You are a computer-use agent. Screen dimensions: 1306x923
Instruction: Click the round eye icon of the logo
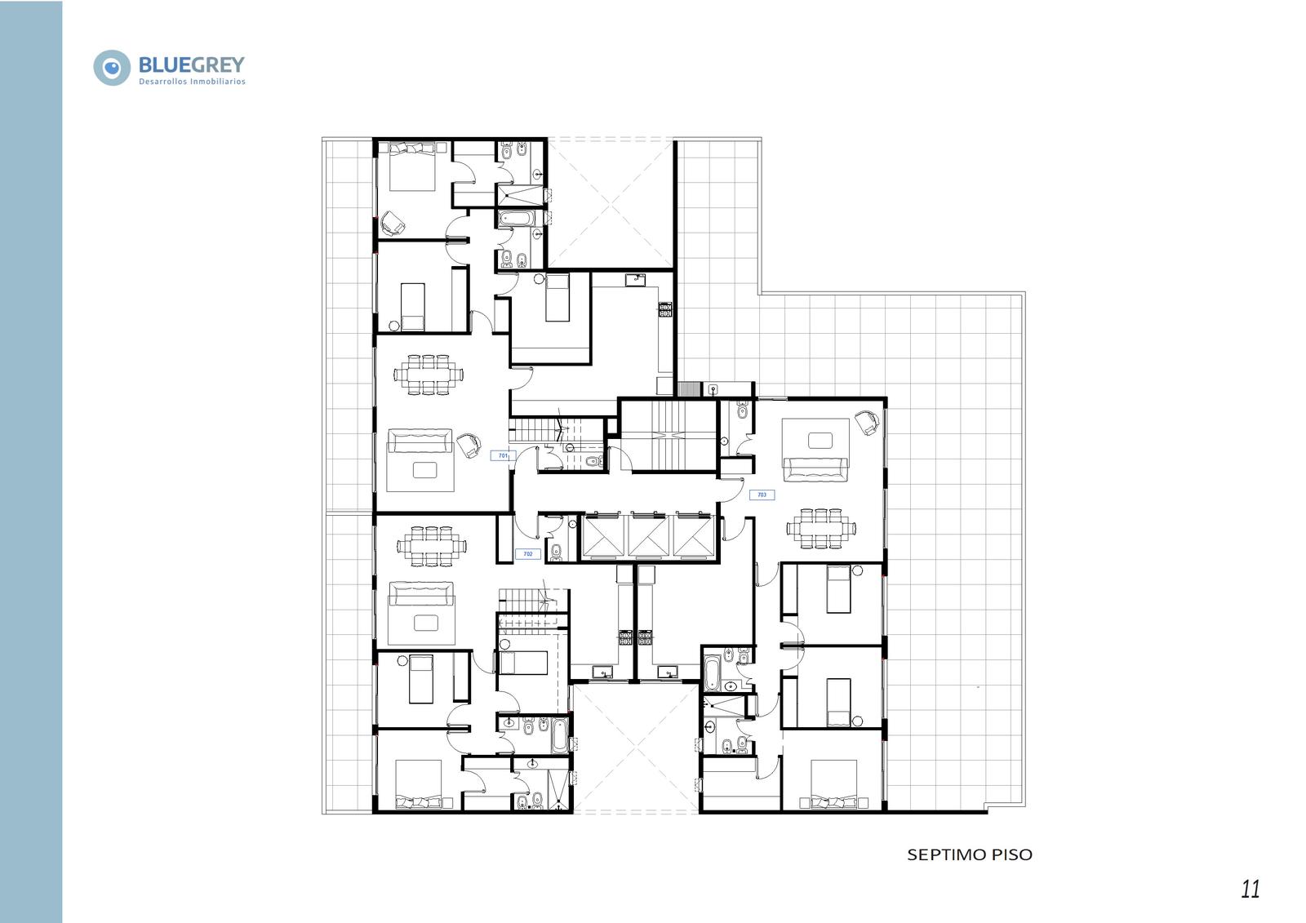click(112, 68)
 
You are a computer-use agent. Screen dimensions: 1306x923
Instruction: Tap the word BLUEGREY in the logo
click(192, 64)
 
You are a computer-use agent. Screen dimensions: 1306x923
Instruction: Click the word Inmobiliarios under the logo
click(218, 82)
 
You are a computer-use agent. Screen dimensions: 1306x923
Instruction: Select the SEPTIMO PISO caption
click(969, 854)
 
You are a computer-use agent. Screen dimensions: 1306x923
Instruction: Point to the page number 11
click(1250, 890)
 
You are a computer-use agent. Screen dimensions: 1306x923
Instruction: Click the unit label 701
click(503, 456)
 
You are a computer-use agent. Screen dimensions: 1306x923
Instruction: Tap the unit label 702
click(527, 554)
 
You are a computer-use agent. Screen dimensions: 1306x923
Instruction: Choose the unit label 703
click(762, 495)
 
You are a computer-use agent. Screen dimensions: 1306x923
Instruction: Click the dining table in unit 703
click(821, 528)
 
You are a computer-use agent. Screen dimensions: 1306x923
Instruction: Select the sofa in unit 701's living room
click(420, 441)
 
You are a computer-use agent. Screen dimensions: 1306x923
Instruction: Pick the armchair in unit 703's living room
click(867, 422)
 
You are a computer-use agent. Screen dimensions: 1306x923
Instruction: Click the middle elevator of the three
click(648, 536)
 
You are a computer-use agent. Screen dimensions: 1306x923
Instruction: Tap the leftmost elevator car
click(603, 536)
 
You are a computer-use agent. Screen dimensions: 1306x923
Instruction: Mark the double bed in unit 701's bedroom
click(412, 166)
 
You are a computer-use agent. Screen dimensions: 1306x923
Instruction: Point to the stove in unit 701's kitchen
click(665, 309)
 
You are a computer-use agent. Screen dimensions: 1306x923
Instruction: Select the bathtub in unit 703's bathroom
click(712, 673)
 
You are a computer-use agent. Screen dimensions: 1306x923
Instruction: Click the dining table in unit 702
click(432, 546)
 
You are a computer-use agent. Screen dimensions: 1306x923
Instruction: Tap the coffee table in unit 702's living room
click(425, 623)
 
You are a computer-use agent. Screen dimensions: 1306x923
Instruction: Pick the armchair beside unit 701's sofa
click(469, 446)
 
